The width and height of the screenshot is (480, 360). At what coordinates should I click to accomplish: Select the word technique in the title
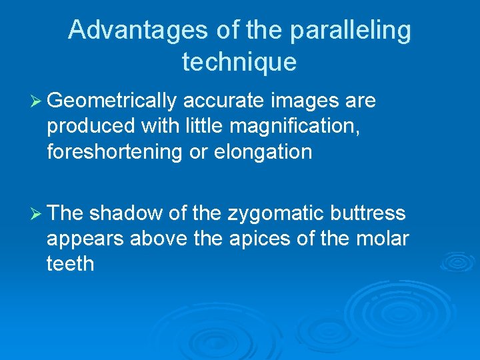click(x=239, y=62)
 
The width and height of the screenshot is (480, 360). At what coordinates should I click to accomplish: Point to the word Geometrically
click(x=112, y=101)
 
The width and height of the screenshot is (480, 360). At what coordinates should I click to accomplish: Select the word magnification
click(x=291, y=127)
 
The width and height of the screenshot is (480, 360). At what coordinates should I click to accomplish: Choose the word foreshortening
click(x=115, y=152)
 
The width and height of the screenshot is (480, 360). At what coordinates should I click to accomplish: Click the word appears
click(x=85, y=239)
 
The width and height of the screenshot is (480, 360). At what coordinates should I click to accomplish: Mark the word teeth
click(x=70, y=264)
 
